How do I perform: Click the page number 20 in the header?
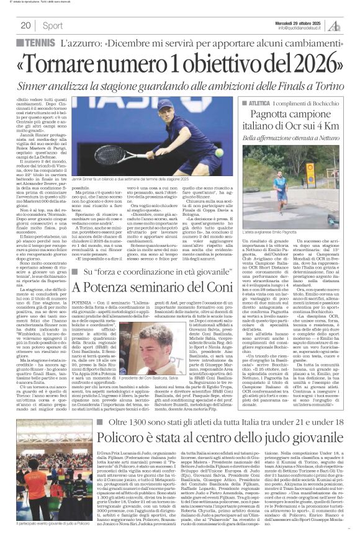tap(25, 25)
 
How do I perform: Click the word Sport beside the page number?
tap(53, 25)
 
